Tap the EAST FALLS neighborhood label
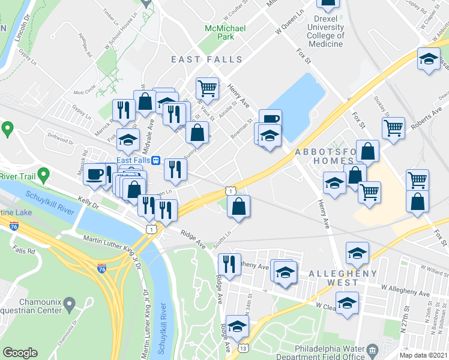coord(206,60)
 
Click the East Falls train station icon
coord(155,160)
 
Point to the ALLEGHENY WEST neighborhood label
coord(343,274)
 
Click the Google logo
coord(20,352)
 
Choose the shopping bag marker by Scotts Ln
coord(239,206)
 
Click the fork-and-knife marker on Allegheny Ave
coord(229,263)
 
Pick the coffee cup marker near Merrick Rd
coord(94,175)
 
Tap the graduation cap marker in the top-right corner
coord(428,60)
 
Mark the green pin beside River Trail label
coord(43,175)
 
